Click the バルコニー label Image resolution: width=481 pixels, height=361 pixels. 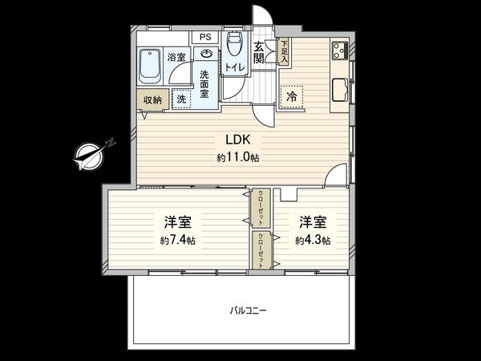coord(248,309)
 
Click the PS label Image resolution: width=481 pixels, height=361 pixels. coord(206,38)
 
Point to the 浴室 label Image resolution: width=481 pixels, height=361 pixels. coord(176,57)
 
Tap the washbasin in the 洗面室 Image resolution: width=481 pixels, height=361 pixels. coord(207,55)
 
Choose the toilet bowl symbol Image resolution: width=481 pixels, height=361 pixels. coord(235,43)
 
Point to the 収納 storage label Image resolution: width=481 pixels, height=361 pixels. coord(152,99)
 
